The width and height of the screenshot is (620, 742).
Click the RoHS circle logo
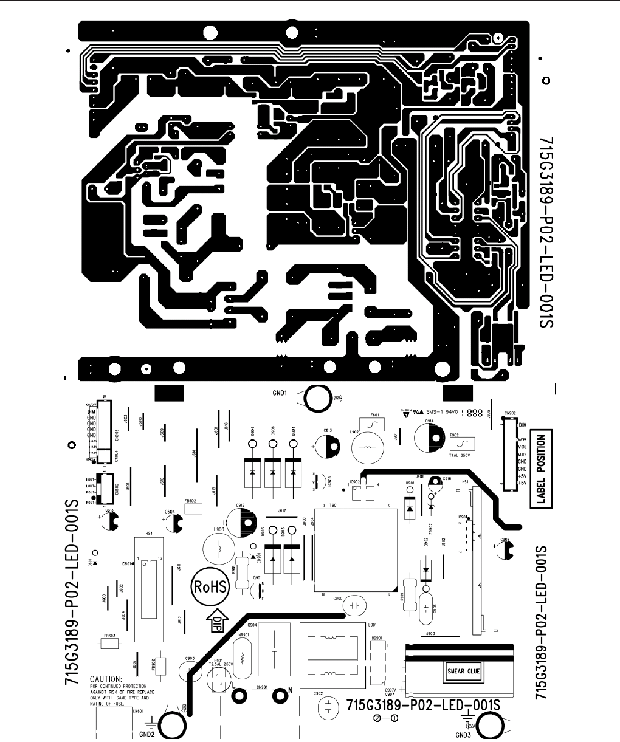(210, 587)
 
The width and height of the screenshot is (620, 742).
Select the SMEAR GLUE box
(464, 672)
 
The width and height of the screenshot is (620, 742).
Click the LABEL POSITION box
(540, 469)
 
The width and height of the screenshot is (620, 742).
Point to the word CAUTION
(106, 678)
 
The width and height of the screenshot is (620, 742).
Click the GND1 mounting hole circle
(317, 399)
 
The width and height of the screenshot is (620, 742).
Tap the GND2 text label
(147, 733)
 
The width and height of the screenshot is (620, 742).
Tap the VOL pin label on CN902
(522, 447)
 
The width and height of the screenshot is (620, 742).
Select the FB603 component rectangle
(110, 643)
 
